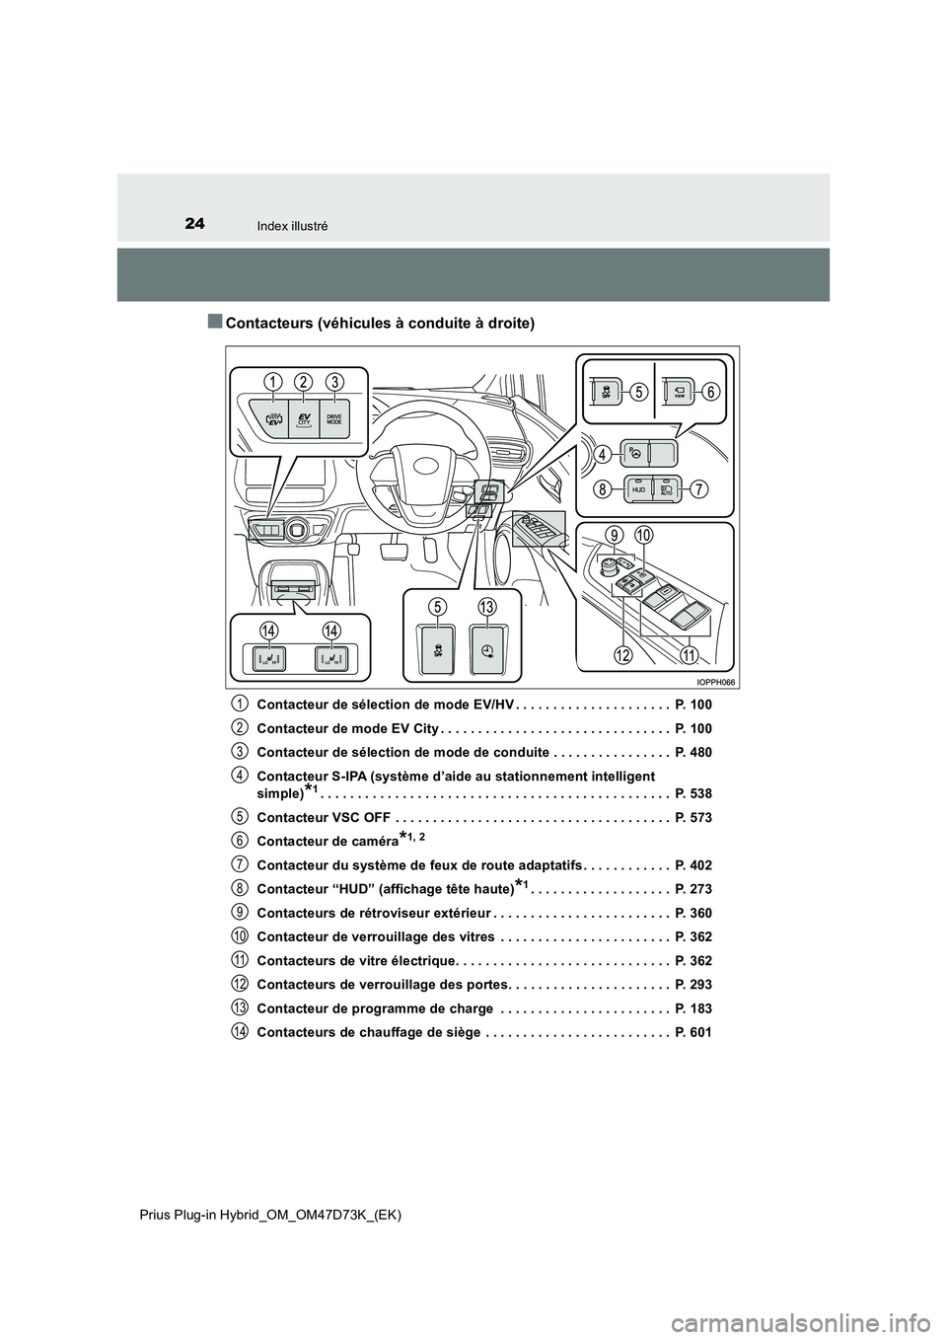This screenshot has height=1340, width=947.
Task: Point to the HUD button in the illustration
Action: click(637, 488)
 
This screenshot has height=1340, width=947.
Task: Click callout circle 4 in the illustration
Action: click(601, 454)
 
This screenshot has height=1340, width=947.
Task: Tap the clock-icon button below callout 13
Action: click(487, 649)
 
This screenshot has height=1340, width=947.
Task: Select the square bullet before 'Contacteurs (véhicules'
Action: click(215, 322)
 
